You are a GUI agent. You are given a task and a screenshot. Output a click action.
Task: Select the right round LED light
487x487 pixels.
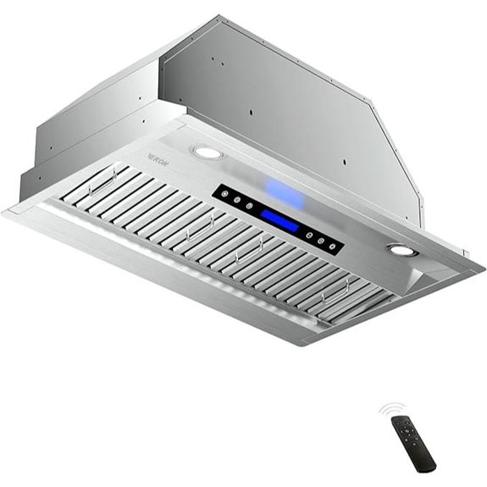(402, 250)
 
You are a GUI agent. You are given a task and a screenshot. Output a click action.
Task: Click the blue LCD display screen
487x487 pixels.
(279, 221)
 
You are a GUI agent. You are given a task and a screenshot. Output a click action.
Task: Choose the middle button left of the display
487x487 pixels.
(237, 201)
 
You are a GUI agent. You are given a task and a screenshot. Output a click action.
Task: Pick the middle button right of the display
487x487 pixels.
(322, 240)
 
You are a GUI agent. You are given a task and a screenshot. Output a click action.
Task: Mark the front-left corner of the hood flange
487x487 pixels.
(7, 211)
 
